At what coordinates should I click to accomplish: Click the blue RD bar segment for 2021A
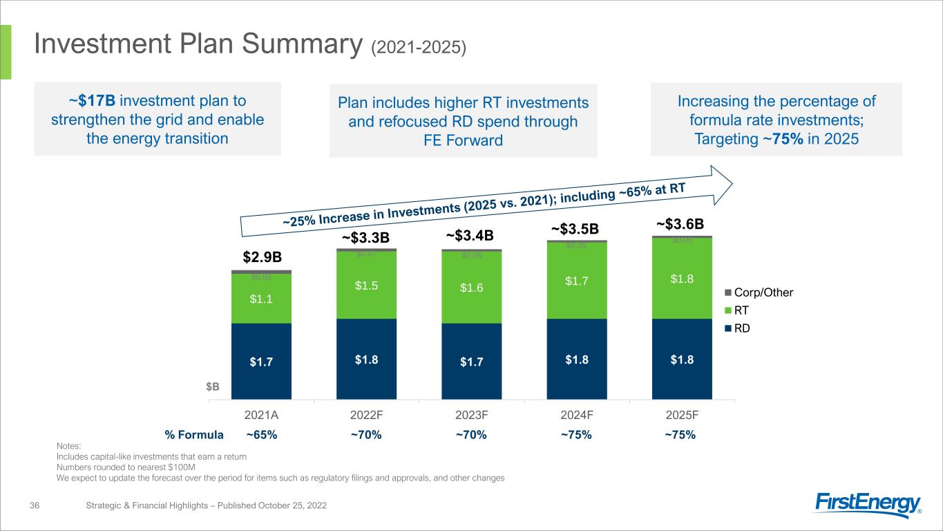(261, 361)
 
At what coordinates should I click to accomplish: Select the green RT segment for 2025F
(682, 278)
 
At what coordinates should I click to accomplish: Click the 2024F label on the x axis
(577, 416)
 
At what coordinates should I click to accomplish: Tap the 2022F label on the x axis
(366, 416)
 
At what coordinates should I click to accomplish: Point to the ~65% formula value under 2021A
(262, 435)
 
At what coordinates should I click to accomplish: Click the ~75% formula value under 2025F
(680, 435)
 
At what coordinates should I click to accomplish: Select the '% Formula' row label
(194, 435)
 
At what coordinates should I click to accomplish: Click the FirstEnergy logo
(868, 505)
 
